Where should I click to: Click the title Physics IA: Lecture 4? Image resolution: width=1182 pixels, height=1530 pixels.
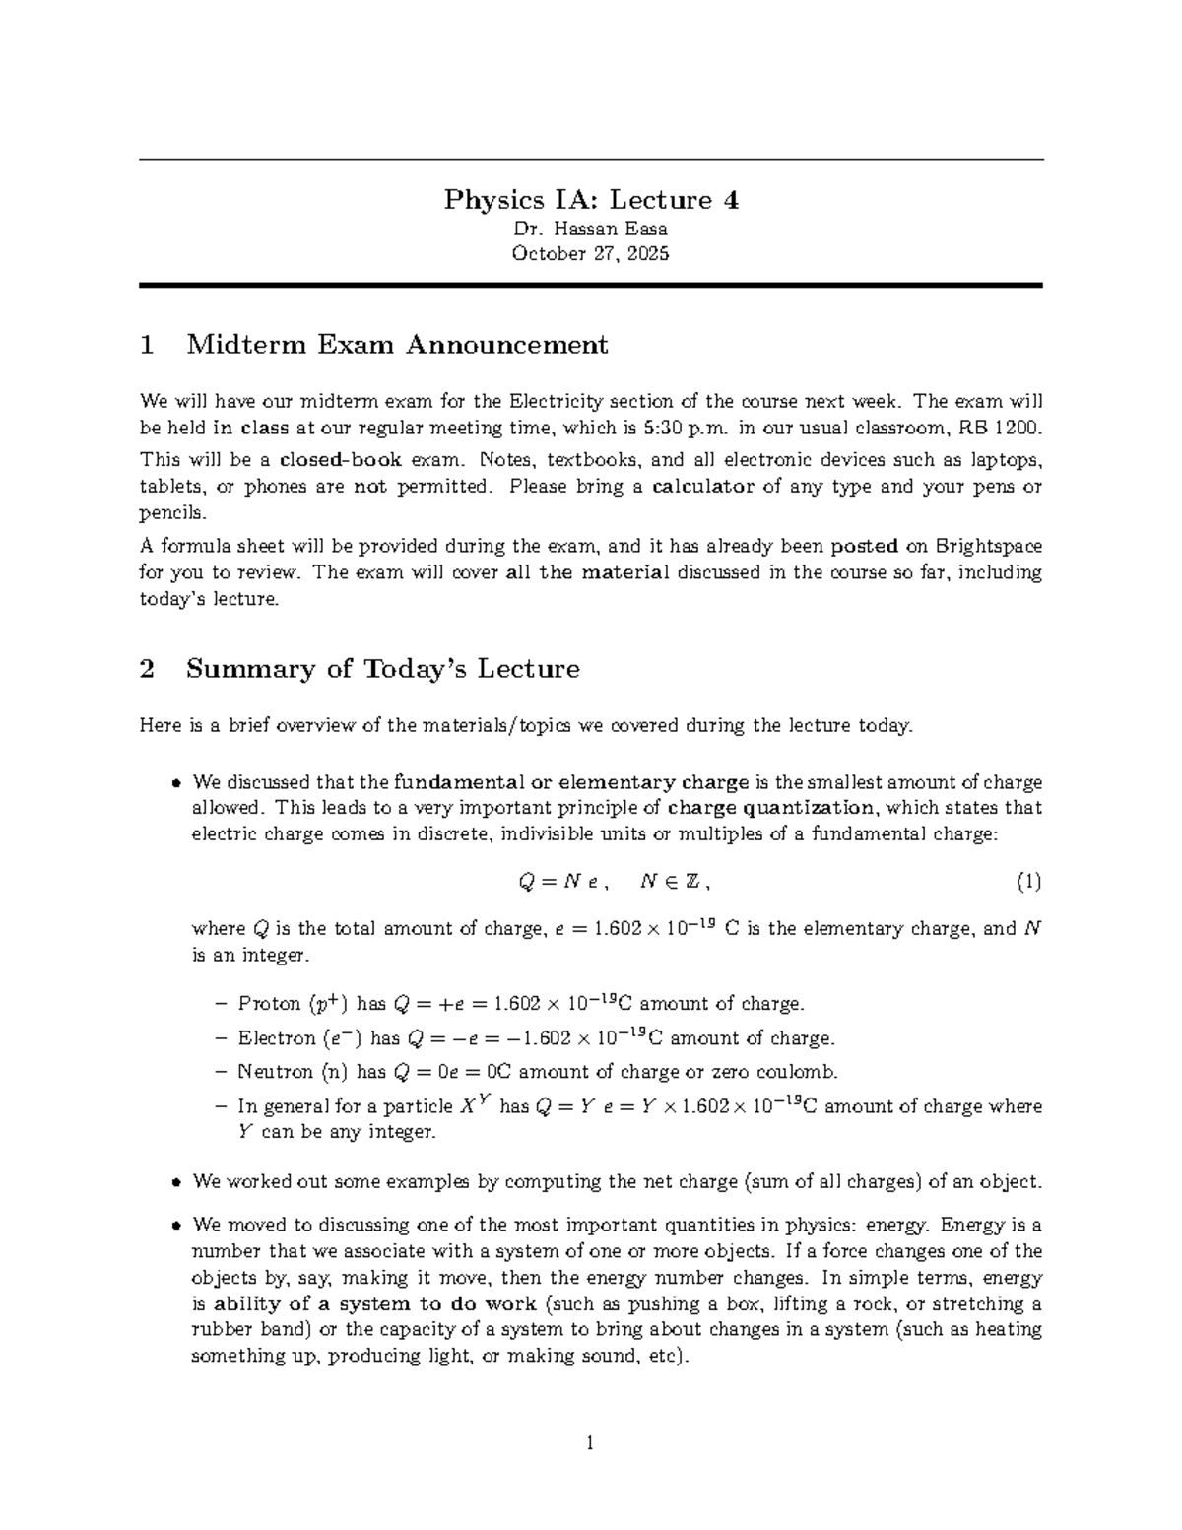click(x=591, y=200)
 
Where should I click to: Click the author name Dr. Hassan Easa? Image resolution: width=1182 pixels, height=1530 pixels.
click(x=590, y=230)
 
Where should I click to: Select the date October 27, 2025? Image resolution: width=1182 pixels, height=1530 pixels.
click(x=590, y=254)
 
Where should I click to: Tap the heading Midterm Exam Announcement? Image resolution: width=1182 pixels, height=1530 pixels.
click(x=397, y=345)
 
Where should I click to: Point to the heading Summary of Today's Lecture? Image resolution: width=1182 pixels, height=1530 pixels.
click(x=382, y=669)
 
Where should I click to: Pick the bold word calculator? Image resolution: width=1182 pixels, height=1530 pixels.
click(x=704, y=486)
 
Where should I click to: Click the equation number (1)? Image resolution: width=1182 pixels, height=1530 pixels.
click(x=1028, y=882)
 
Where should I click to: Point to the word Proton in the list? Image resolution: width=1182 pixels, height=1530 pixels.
click(x=269, y=1004)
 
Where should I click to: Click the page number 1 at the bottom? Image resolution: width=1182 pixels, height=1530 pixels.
click(x=590, y=1445)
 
